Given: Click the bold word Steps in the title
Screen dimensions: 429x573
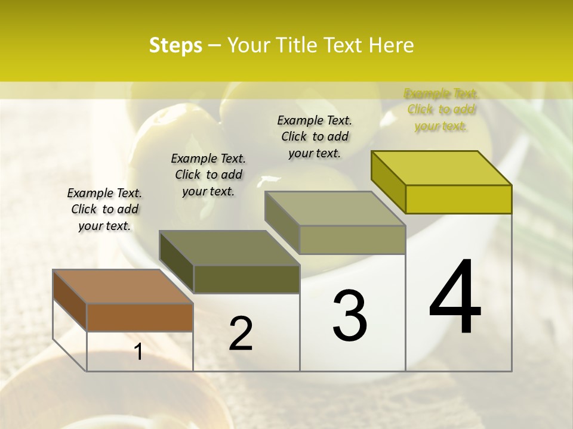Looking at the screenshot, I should pos(175,45).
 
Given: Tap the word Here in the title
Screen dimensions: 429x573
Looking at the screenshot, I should pos(392,45).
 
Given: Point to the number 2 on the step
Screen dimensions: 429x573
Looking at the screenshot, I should pos(241,333).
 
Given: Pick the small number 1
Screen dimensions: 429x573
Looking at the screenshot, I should pos(138,352).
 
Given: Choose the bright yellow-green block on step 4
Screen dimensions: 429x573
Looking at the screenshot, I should pos(442,168).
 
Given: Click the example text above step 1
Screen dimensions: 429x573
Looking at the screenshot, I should pos(104,209).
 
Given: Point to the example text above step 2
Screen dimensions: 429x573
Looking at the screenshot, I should pos(208,175).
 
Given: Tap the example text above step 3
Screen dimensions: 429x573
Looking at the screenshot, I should pos(315,136).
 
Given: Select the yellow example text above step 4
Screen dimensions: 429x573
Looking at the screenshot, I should pos(441,110).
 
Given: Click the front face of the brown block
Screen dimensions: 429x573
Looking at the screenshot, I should pos(140,317).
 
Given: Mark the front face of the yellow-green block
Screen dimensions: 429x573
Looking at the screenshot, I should pos(458,199).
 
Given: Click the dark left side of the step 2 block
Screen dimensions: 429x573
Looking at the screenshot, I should pos(177,262).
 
